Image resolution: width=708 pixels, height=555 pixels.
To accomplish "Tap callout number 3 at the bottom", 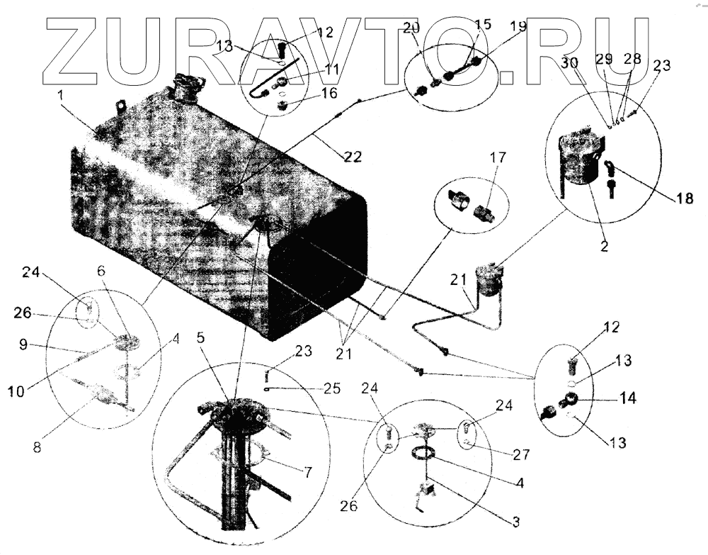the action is coord(515,522).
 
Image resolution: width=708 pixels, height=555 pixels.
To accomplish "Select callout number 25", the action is coord(331,388).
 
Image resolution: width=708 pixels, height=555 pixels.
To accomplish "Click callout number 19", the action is coord(518,28).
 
